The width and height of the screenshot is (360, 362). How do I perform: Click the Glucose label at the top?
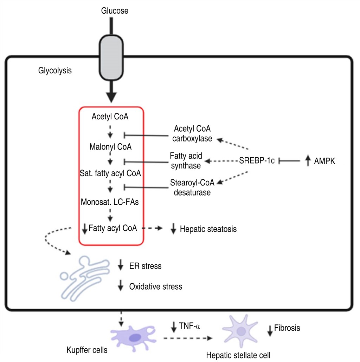tap(115, 11)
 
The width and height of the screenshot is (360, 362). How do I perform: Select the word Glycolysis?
tap(55, 71)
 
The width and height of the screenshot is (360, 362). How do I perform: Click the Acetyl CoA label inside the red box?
tap(110, 116)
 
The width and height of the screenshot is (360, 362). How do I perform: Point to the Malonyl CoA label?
tap(110, 146)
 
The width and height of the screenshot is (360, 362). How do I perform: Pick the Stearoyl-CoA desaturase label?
tap(190, 187)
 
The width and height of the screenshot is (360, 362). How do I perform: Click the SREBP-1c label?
tap(257, 161)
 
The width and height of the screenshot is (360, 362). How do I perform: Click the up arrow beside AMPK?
tap(308, 161)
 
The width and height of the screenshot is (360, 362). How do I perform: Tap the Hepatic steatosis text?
tap(208, 229)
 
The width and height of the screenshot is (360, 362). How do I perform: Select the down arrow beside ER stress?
tap(121, 265)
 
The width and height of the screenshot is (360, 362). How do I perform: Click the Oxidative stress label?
tap(155, 287)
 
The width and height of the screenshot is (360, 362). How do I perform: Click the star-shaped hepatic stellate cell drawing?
tap(241, 330)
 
